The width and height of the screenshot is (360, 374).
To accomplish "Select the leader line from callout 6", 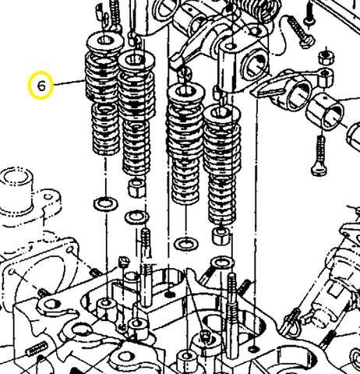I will tap(69, 82).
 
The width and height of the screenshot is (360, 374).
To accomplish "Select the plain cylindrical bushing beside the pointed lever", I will tap(328, 110).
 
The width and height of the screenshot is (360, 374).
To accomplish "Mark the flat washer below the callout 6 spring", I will tap(101, 204).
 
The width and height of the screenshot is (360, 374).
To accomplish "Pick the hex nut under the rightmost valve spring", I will tap(221, 232).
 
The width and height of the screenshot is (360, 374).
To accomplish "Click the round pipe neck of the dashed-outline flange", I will tap(17, 187).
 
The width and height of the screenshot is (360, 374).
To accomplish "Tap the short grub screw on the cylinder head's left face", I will tap(35, 348).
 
